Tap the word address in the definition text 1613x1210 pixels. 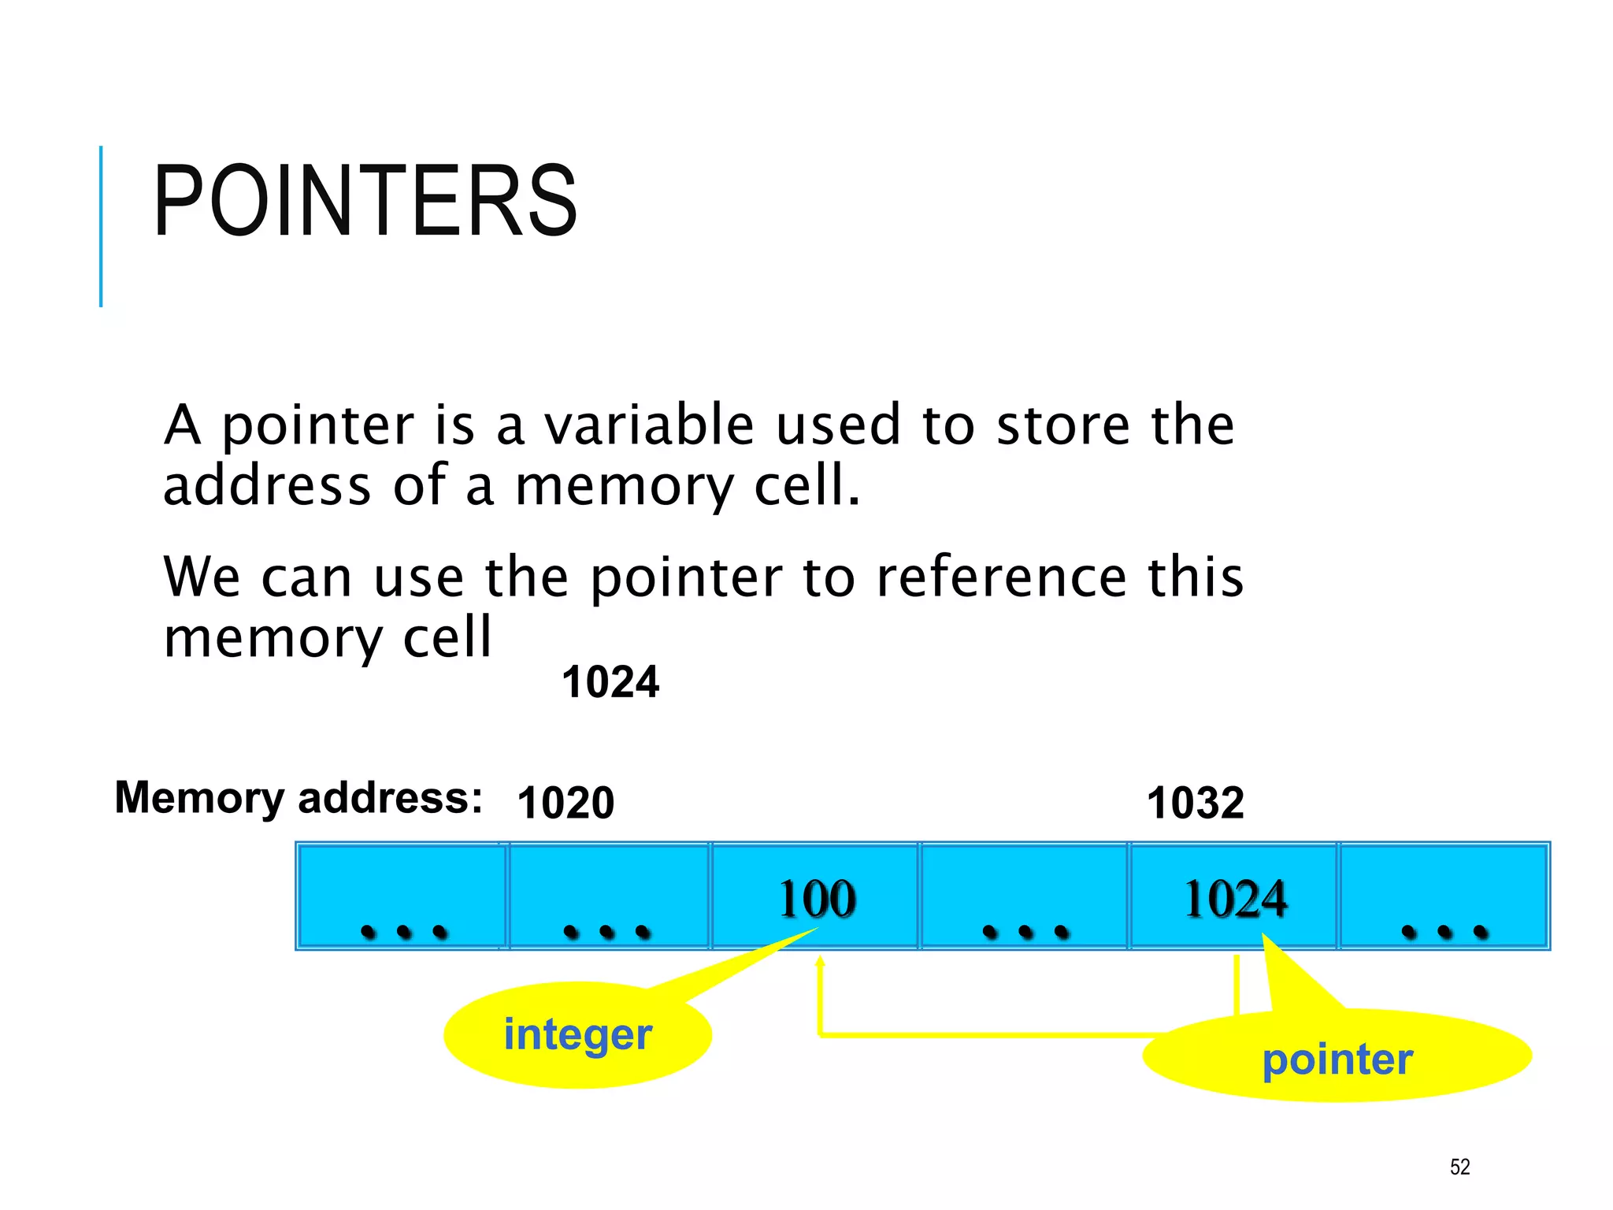[x=266, y=485]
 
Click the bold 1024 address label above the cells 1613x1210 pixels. [x=610, y=682]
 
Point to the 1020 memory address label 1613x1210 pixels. [x=565, y=803]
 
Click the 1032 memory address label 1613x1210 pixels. [x=1195, y=803]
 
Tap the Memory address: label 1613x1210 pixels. [x=298, y=797]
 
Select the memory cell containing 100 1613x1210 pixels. [x=816, y=896]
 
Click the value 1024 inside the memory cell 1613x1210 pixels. [x=1235, y=899]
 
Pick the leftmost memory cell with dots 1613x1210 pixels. [x=402, y=896]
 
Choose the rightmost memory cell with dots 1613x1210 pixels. [x=1444, y=896]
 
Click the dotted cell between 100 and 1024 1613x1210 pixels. [x=1024, y=896]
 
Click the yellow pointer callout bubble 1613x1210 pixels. [x=1337, y=1058]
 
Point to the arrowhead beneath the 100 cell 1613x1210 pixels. [x=820, y=962]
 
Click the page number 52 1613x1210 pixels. [x=1459, y=1167]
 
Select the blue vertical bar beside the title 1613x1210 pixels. [x=101, y=226]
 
